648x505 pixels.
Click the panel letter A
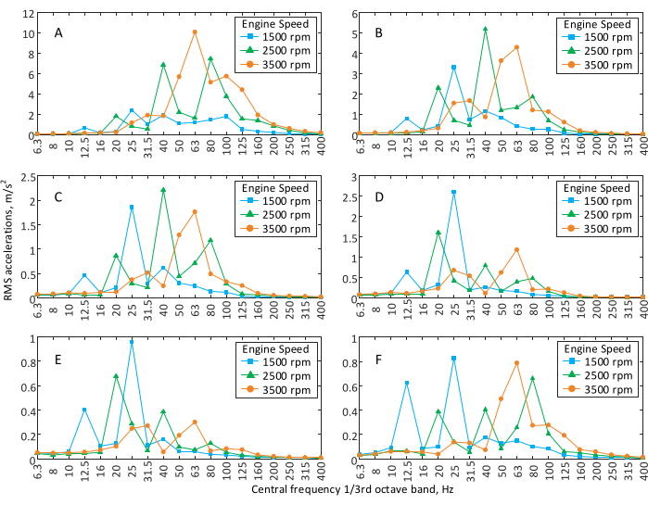(58, 33)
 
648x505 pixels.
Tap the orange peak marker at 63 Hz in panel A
(195, 32)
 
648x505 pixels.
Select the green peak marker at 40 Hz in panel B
(485, 29)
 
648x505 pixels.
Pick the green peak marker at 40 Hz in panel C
(163, 190)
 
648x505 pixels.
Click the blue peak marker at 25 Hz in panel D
(453, 192)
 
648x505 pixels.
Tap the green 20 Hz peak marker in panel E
(116, 376)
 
